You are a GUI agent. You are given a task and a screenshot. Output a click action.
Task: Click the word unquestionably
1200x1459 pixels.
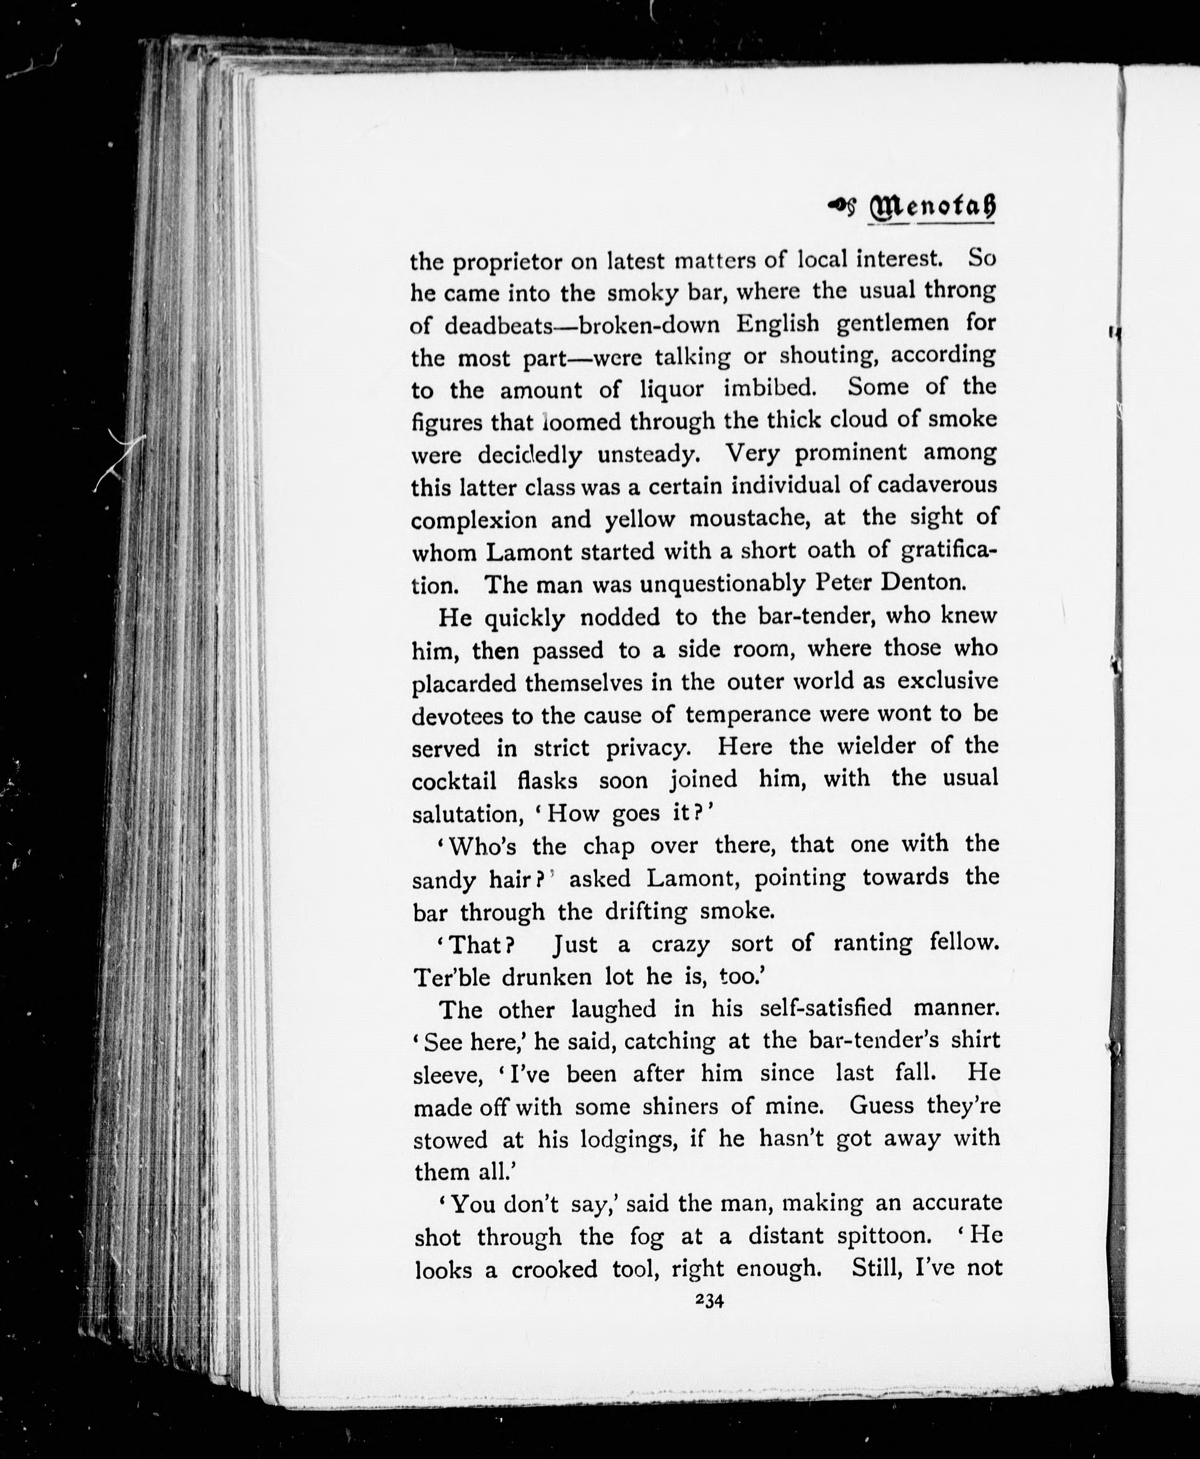point(723,584)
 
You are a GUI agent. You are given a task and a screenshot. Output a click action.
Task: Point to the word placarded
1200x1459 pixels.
point(465,684)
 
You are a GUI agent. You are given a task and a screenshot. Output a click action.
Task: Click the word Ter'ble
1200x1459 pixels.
point(452,977)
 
